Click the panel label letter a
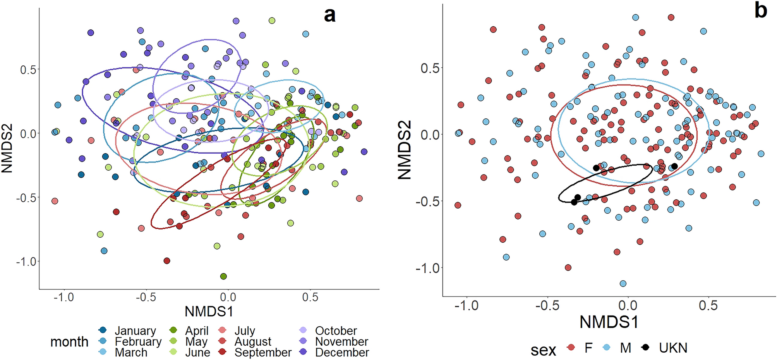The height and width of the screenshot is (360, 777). click(329, 15)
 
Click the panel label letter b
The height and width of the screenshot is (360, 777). click(760, 11)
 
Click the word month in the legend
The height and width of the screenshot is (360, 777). click(69, 342)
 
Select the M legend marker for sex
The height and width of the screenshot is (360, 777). click(607, 348)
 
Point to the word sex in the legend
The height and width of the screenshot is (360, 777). click(543, 350)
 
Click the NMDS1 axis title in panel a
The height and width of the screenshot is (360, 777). click(209, 312)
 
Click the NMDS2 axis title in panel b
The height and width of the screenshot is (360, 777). click(405, 150)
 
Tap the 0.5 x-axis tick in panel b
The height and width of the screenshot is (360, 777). click(708, 306)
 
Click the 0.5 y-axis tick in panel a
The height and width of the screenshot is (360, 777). click(28, 70)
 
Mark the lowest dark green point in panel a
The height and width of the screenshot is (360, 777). click(223, 276)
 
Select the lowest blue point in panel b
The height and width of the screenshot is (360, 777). click(623, 284)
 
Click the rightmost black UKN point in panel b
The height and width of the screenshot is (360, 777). click(674, 166)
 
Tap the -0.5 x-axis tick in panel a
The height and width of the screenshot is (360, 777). click(146, 297)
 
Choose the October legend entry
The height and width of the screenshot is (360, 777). click(336, 331)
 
